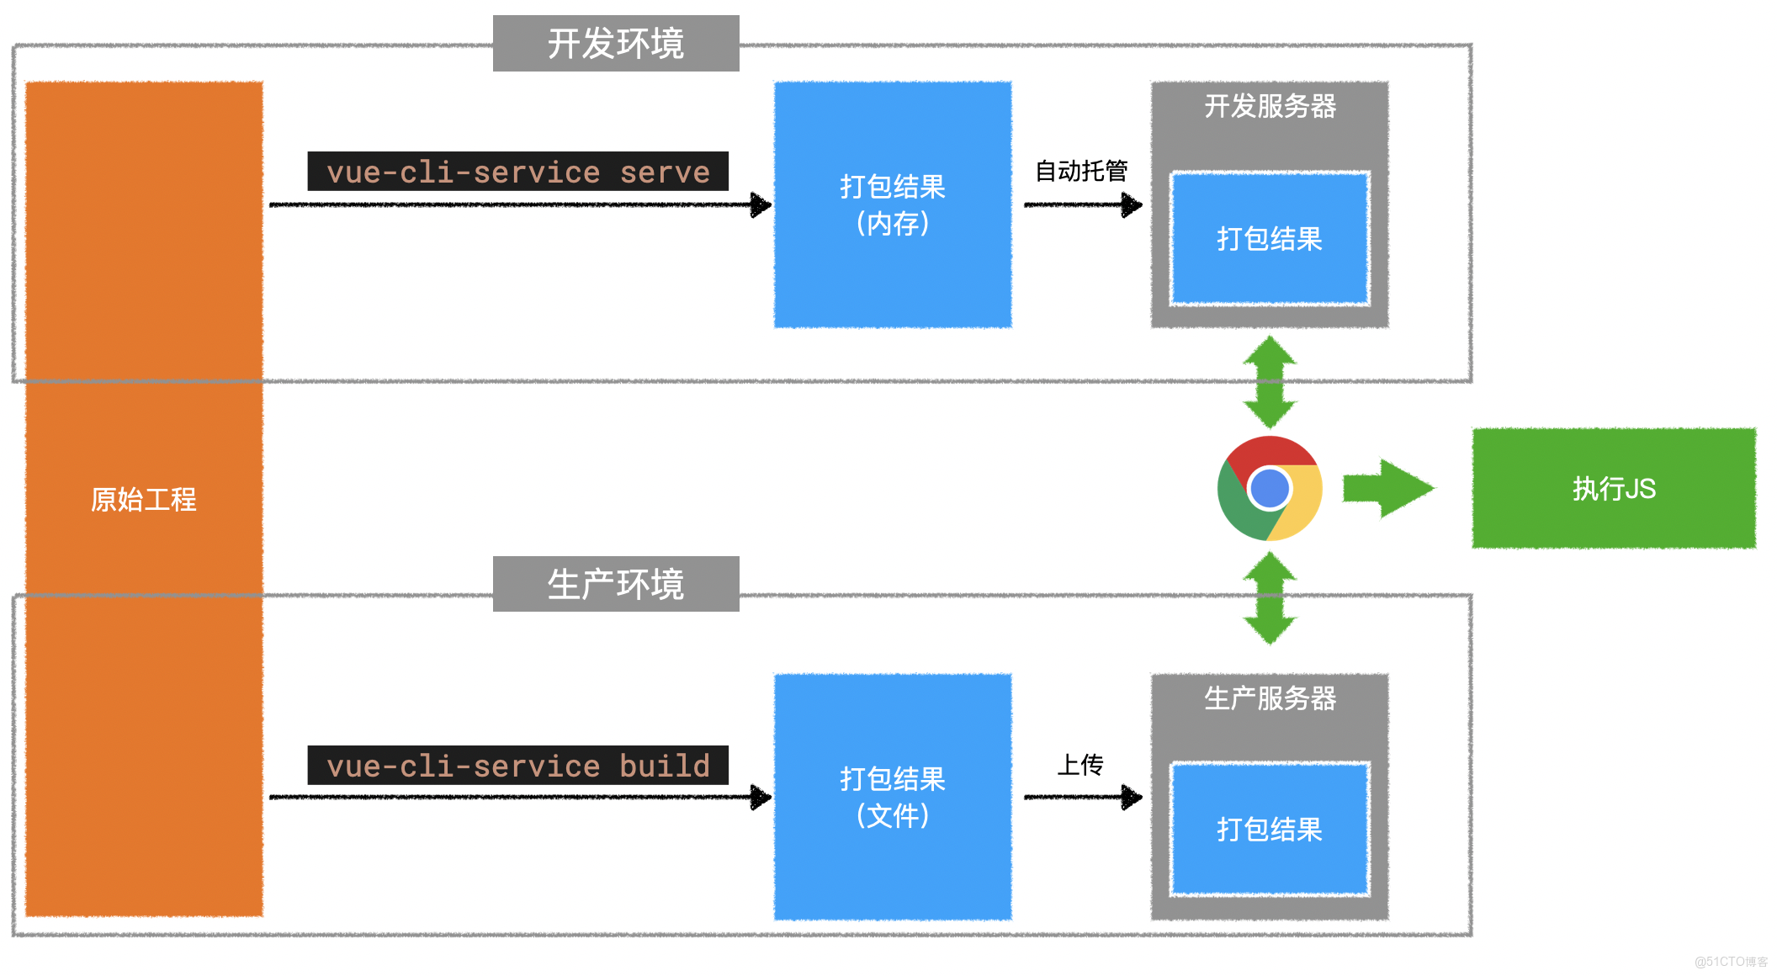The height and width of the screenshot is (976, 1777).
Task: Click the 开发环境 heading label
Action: click(x=616, y=44)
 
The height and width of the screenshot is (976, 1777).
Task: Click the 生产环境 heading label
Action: click(x=616, y=584)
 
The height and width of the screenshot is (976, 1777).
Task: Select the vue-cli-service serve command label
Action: click(x=517, y=172)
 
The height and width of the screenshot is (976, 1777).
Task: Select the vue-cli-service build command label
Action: click(x=517, y=766)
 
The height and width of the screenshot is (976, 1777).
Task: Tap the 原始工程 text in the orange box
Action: click(x=143, y=499)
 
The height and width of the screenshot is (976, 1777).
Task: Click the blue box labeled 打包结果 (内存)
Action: click(x=893, y=204)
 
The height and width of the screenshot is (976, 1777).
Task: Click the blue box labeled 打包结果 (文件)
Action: click(x=893, y=797)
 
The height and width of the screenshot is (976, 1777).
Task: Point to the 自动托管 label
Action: click(x=1081, y=171)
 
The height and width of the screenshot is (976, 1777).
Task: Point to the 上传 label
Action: click(x=1080, y=764)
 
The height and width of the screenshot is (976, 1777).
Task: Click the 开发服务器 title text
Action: click(x=1270, y=106)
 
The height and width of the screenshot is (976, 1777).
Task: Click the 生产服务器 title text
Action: click(x=1270, y=698)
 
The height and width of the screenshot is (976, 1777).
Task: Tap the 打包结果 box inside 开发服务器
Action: click(x=1270, y=239)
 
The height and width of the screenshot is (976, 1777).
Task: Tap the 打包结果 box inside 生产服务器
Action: click(x=1270, y=830)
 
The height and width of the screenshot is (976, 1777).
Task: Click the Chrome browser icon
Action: click(x=1270, y=488)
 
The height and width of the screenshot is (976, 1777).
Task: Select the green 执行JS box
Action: click(x=1614, y=488)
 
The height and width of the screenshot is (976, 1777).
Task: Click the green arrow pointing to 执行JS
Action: click(x=1388, y=488)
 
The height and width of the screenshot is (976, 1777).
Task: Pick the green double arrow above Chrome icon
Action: click(x=1270, y=382)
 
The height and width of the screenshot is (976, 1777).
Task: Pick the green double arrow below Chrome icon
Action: click(x=1270, y=598)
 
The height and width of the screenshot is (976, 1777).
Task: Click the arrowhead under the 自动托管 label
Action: click(x=1132, y=204)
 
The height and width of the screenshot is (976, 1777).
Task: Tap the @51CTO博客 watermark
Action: click(x=1731, y=961)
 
